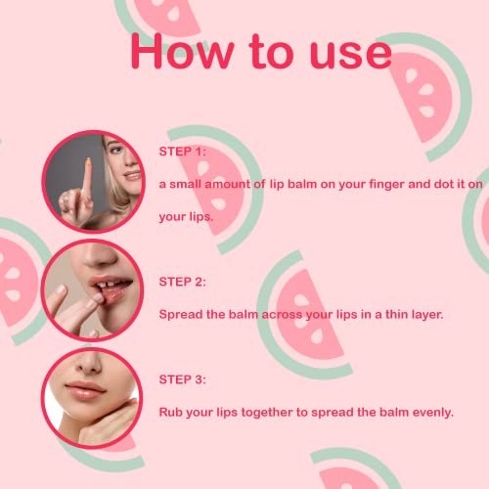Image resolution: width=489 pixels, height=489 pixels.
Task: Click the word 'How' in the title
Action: (182, 52)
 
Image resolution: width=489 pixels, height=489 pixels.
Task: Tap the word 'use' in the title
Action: (351, 54)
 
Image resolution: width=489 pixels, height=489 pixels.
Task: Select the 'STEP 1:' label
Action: (183, 152)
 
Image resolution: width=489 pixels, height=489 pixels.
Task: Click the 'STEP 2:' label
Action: (183, 282)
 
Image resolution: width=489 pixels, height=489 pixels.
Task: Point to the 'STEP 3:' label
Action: (183, 379)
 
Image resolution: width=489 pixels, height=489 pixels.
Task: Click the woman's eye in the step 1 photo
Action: (116, 151)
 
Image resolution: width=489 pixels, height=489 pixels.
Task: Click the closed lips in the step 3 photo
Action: (85, 391)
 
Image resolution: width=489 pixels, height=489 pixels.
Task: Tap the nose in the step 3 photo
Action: (89, 365)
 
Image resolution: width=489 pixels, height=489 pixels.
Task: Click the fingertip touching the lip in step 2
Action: (98, 298)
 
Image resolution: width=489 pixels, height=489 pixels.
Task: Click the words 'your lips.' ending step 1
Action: (186, 217)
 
